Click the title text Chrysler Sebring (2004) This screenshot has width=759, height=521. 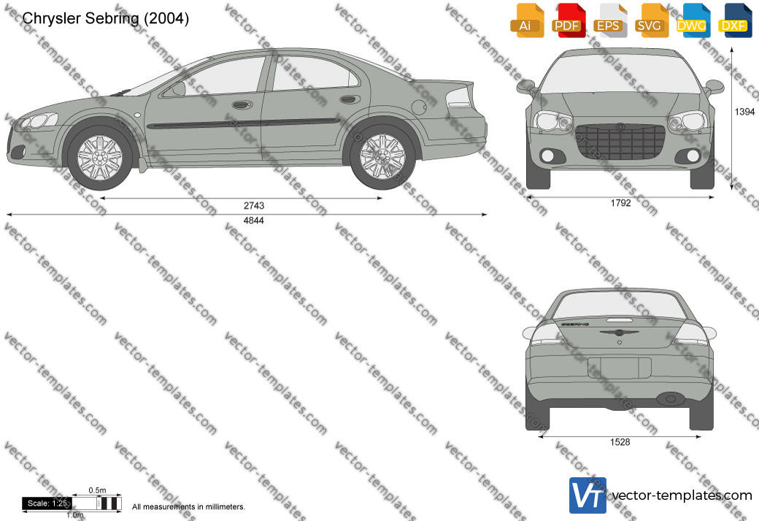pyautogui.click(x=106, y=18)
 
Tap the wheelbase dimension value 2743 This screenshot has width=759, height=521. pyautogui.click(x=254, y=206)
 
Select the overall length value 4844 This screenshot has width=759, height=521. pyautogui.click(x=254, y=221)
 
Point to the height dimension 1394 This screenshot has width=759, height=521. pyautogui.click(x=744, y=112)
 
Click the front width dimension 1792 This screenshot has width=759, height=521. pyautogui.click(x=620, y=204)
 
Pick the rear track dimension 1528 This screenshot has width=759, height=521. pyautogui.click(x=620, y=442)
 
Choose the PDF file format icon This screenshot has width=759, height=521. pyautogui.click(x=568, y=20)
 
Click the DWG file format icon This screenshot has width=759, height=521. pyautogui.click(x=692, y=20)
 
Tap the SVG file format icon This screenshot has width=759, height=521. pyautogui.click(x=650, y=20)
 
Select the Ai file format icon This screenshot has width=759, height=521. pyautogui.click(x=527, y=20)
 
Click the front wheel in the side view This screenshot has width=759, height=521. pyautogui.click(x=100, y=158)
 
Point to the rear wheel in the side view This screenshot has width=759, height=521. pyautogui.click(x=382, y=156)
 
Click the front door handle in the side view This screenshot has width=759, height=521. pyautogui.click(x=242, y=104)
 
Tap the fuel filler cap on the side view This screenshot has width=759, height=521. pyautogui.click(x=419, y=106)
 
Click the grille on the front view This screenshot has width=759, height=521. pyautogui.click(x=620, y=142)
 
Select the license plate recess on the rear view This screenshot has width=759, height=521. pyautogui.click(x=620, y=368)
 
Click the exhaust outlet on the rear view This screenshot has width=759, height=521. pyautogui.click(x=671, y=399)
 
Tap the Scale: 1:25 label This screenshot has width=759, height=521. pyautogui.click(x=47, y=503)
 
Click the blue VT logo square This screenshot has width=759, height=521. pyautogui.click(x=587, y=495)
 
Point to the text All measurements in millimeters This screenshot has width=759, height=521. pyautogui.click(x=189, y=507)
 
